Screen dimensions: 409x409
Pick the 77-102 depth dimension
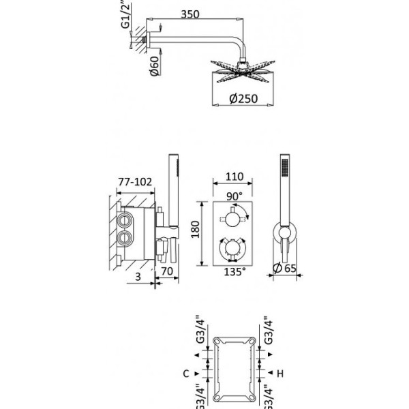[133, 181]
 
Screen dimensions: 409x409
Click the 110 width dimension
[234, 177]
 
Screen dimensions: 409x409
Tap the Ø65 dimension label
[287, 267]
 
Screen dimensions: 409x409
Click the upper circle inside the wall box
[127, 221]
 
